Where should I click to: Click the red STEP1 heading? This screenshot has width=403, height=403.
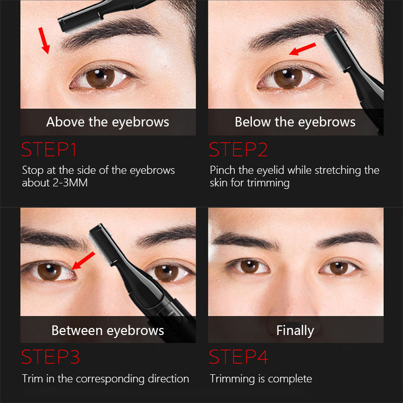coord(49,149)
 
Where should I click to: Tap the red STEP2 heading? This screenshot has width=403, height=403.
coord(238,149)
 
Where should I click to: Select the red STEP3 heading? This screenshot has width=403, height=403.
coord(50,357)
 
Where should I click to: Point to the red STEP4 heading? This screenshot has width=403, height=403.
coord(238,357)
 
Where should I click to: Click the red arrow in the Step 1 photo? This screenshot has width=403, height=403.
coord(44,41)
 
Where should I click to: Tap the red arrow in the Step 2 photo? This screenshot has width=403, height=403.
coord(303,49)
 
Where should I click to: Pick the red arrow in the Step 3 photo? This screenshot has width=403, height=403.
coord(84,260)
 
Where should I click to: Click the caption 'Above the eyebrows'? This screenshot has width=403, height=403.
coord(108,122)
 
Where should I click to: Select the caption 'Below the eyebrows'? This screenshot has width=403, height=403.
coord(295,122)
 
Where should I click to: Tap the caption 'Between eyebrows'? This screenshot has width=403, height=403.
coord(108,330)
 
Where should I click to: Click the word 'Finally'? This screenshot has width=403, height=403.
coord(295,330)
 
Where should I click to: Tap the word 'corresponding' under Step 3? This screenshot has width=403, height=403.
coord(110,379)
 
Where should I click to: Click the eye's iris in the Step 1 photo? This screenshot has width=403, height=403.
coord(100,78)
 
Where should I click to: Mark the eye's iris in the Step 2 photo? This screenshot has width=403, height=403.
coord(288,78)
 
